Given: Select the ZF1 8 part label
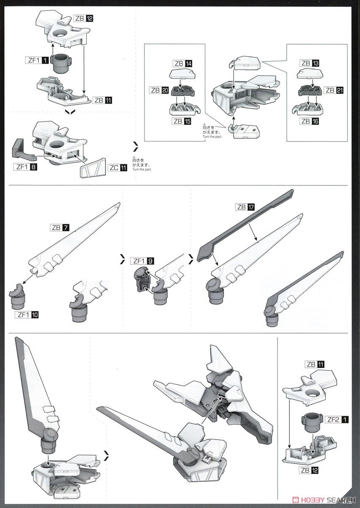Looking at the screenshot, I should point(26,167).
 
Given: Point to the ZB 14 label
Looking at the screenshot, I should point(182,63).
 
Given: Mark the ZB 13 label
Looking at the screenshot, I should point(310,63).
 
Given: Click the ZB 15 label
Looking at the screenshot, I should point(181,121).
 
